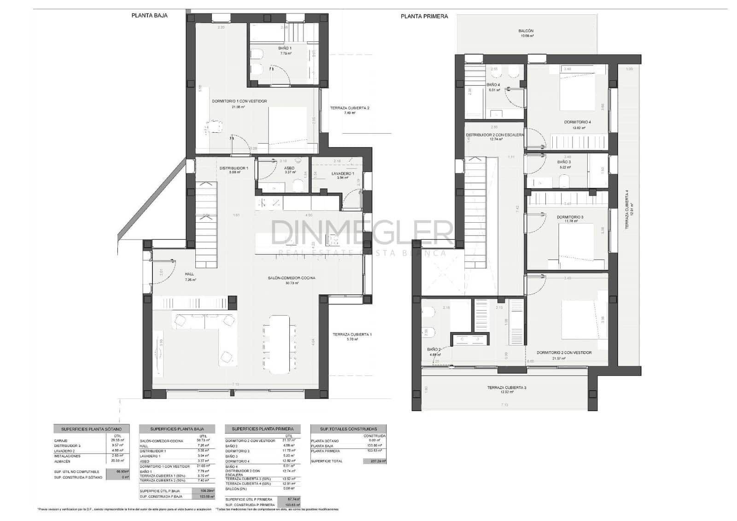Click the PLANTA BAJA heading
[x=149, y=15]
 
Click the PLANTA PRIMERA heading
[x=424, y=16]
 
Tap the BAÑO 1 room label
[x=285, y=48]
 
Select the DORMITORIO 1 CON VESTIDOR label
[x=239, y=101]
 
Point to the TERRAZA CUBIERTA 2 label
[x=349, y=108]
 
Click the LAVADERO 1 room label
[x=342, y=173]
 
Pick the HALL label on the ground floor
[x=189, y=274]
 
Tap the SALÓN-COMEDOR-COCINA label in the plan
[x=291, y=278]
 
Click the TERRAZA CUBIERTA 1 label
[x=351, y=334]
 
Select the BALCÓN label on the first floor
[x=526, y=31]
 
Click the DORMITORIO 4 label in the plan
[x=577, y=122]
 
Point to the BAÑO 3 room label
[x=564, y=162]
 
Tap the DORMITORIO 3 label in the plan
[x=570, y=217]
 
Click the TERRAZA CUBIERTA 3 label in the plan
[x=506, y=387]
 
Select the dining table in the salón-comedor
[x=279, y=343]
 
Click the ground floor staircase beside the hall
[x=206, y=225]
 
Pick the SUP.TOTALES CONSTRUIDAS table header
[x=348, y=429]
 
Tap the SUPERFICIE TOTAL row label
[x=327, y=461]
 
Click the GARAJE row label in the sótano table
[x=61, y=441]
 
